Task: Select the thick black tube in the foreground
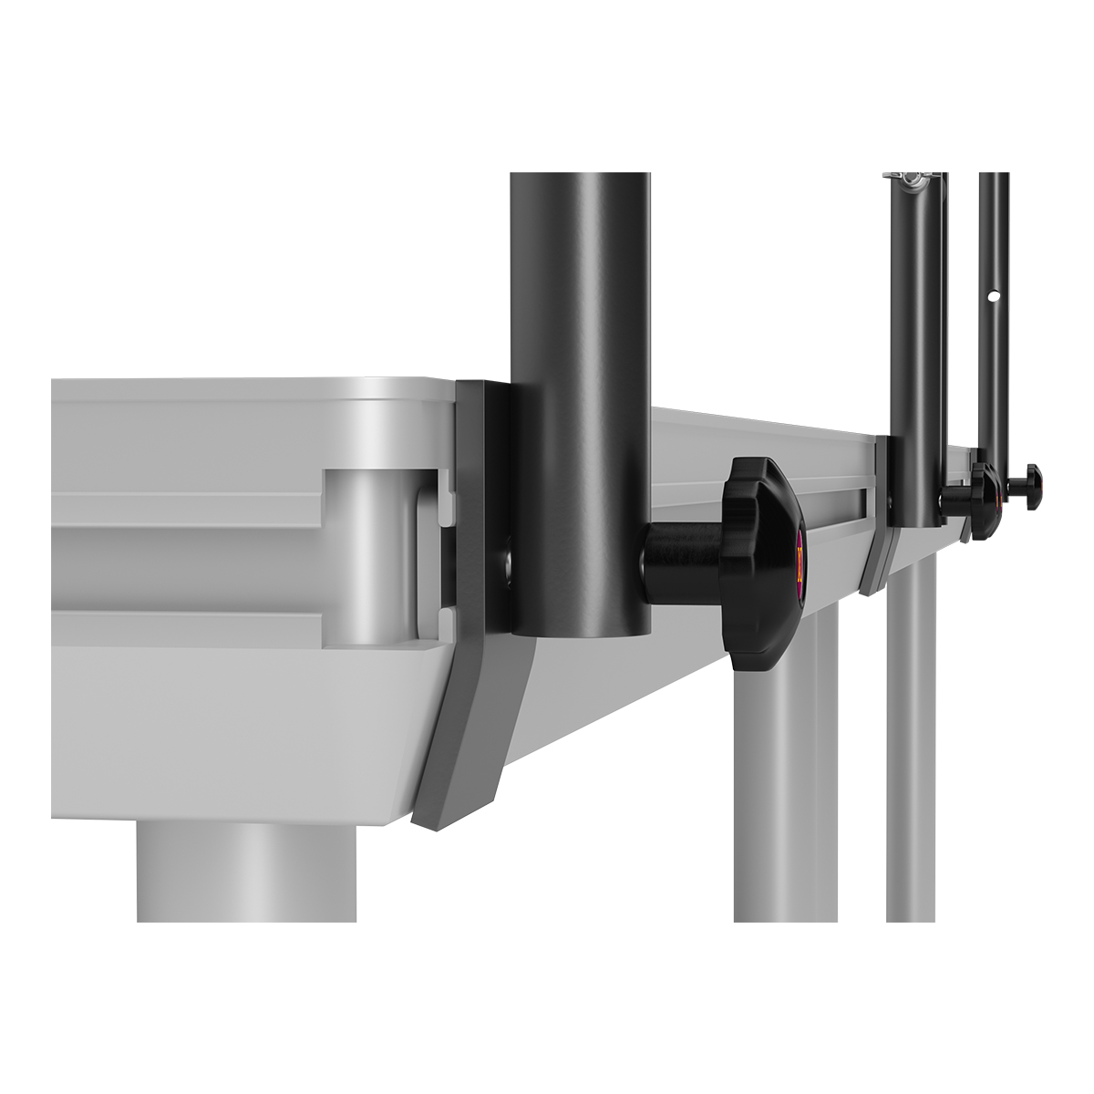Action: click(x=580, y=365)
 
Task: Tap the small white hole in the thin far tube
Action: click(x=996, y=296)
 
